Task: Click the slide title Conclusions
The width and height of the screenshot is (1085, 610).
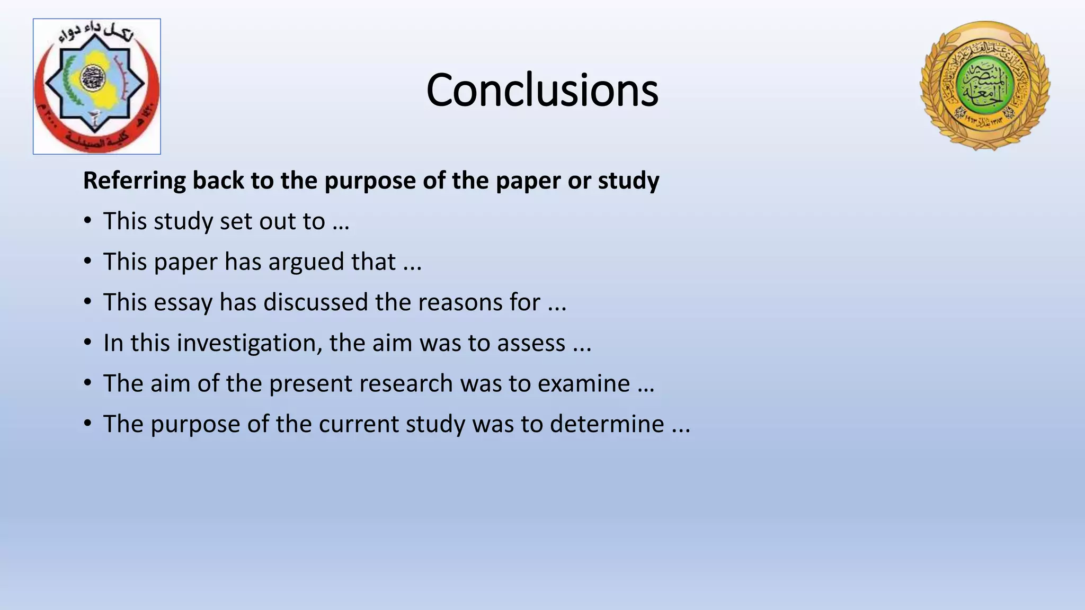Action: [x=542, y=90]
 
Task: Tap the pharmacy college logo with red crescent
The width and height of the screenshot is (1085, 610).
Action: [x=97, y=86]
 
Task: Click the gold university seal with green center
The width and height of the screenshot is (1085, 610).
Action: [x=985, y=86]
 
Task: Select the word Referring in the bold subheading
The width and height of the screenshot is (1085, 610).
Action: [x=135, y=181]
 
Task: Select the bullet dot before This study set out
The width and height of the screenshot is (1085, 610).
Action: [x=88, y=221]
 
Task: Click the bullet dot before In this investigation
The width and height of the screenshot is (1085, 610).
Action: [x=88, y=343]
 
